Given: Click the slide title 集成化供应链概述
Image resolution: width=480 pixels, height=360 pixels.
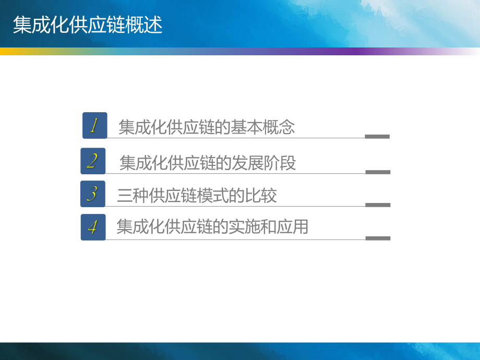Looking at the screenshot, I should click(88, 25).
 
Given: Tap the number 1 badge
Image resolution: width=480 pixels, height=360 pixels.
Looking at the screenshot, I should click(94, 125).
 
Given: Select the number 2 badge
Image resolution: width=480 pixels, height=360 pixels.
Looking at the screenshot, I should click(93, 161).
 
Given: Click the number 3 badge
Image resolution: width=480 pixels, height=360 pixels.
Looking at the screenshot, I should click(92, 194).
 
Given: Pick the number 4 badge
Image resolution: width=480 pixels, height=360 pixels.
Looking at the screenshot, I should click(93, 227).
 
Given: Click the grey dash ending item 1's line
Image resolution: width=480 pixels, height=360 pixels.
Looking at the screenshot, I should click(377, 137).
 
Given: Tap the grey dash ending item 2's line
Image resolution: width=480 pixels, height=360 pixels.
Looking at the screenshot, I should click(378, 172).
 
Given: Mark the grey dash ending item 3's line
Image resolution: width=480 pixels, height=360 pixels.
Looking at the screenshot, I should click(378, 205).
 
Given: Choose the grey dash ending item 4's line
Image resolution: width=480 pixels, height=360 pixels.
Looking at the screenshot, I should click(378, 238).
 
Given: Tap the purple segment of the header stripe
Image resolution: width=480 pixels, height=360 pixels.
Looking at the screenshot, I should click(355, 51).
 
